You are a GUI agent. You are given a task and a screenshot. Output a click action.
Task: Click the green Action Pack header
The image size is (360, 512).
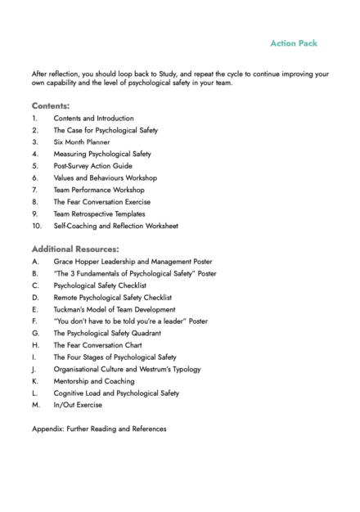(x=294, y=43)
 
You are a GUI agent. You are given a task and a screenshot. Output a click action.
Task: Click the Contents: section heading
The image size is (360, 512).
(x=50, y=106)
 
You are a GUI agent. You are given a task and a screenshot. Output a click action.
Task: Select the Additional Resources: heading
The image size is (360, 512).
(x=75, y=248)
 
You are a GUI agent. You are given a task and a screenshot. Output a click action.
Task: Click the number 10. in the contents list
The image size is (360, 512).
(x=37, y=225)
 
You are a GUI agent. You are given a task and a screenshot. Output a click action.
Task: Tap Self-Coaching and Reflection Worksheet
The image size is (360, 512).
(x=116, y=225)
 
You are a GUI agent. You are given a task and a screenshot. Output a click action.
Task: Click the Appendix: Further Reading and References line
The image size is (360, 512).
(x=98, y=429)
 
